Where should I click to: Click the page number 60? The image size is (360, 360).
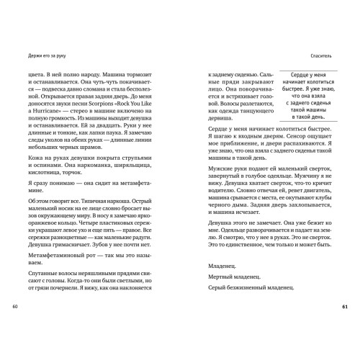[x=14, y=288]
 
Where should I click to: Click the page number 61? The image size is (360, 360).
[x=344, y=288]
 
